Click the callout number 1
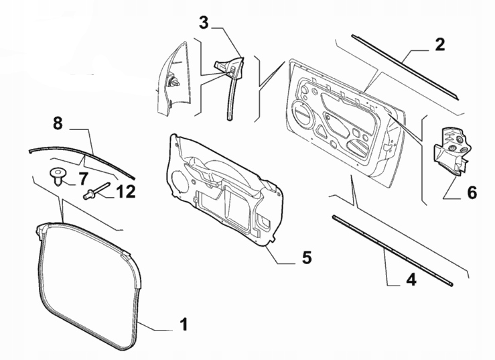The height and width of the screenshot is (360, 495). click(183, 326)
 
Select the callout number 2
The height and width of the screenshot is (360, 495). click(439, 46)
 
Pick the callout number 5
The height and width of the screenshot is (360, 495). click(306, 257)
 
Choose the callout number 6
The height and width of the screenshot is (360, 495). click(472, 193)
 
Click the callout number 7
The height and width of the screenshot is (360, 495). click(83, 179)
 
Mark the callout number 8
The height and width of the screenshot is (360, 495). click(58, 123)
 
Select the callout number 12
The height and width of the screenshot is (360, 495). click(124, 192)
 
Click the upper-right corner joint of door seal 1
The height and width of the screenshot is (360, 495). click(129, 255)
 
